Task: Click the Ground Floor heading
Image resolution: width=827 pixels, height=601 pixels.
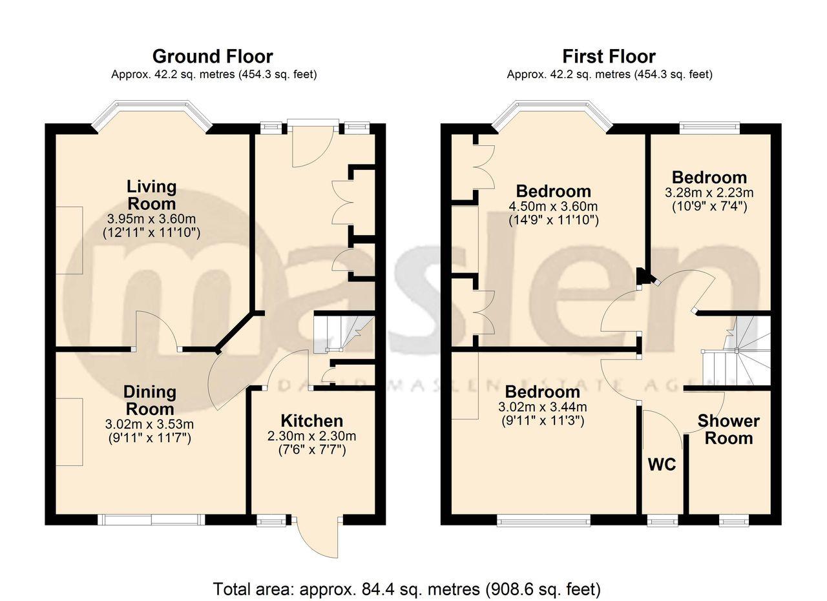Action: click(x=213, y=57)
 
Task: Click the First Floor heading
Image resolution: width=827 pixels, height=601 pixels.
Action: click(x=609, y=57)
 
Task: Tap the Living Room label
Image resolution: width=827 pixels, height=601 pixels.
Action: click(x=151, y=195)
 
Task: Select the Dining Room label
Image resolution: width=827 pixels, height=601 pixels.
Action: click(x=149, y=400)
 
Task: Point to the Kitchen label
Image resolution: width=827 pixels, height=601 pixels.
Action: click(x=311, y=421)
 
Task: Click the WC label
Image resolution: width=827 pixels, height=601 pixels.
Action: click(x=662, y=464)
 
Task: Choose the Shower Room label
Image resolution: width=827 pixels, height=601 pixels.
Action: click(x=728, y=430)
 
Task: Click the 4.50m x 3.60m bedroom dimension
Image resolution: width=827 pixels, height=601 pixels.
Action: click(x=553, y=207)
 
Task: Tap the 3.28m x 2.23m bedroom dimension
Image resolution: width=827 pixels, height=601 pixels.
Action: click(x=709, y=193)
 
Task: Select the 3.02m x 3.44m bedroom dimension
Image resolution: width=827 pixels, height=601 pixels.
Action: click(x=543, y=407)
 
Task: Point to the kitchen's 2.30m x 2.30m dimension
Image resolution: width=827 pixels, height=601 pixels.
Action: click(x=311, y=436)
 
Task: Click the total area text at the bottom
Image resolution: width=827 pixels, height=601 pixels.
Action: click(x=407, y=589)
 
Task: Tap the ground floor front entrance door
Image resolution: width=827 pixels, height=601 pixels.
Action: click(x=313, y=145)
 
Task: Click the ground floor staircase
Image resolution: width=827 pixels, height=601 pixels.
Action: click(x=344, y=332)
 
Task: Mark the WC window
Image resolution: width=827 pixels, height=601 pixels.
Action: click(x=663, y=520)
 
